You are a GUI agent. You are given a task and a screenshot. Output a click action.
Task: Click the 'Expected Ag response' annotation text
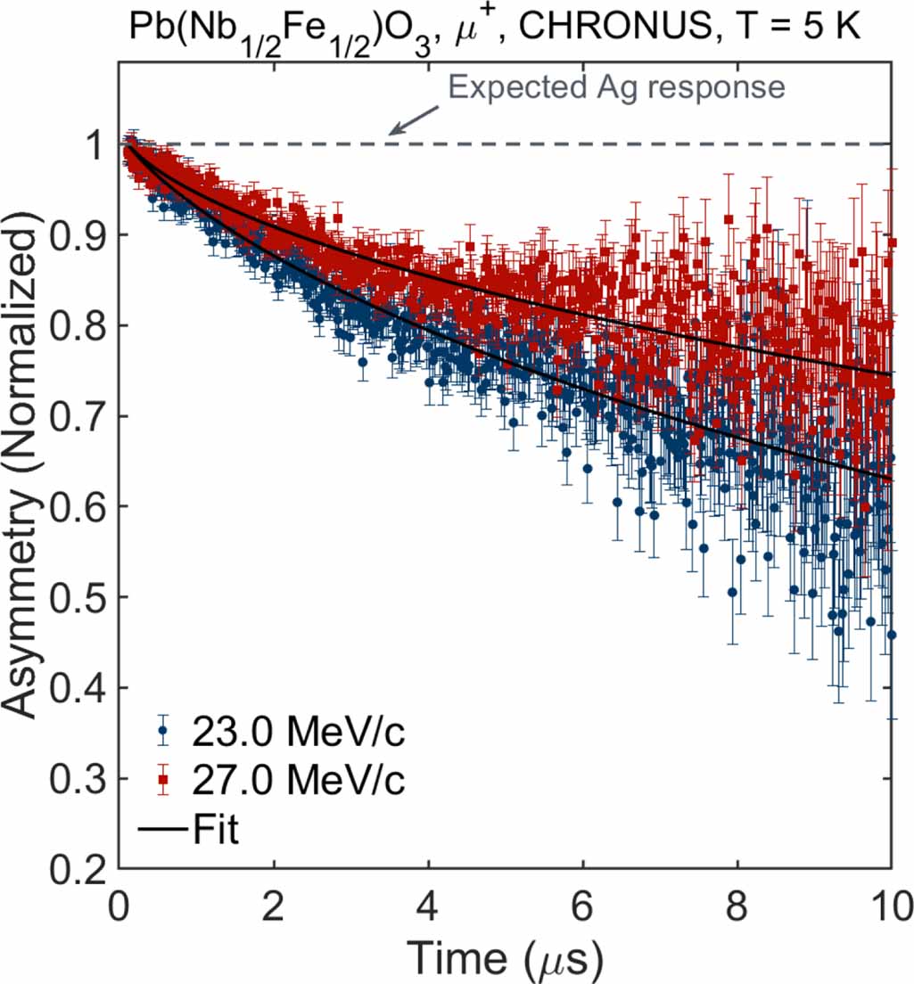616,87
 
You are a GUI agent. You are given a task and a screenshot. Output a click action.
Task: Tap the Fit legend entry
214,830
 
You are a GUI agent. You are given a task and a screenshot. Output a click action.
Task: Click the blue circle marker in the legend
162,734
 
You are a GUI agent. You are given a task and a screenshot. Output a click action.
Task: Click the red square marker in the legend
162,782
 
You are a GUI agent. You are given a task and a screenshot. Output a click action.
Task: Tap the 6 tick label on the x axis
583,908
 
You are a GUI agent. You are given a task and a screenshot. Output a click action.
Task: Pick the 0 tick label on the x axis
120,908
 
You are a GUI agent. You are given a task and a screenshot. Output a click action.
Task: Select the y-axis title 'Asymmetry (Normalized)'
27,471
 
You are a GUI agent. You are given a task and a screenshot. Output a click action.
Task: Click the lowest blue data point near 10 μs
891,635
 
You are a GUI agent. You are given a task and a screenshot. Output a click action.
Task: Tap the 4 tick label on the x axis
429,908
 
